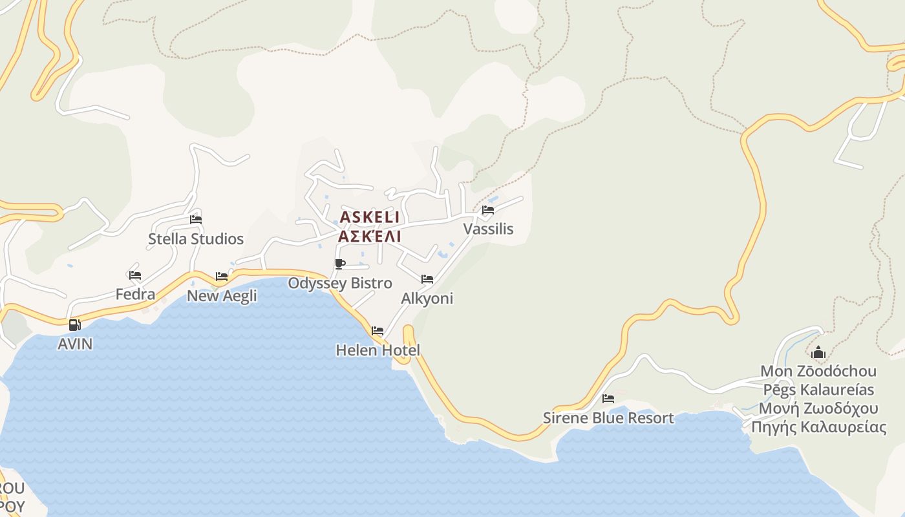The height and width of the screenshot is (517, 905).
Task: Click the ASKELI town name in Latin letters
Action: [370, 217]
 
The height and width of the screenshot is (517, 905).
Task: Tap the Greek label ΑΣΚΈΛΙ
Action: [370, 236]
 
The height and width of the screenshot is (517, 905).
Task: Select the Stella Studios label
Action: [196, 239]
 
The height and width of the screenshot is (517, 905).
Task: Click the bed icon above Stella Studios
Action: [196, 220]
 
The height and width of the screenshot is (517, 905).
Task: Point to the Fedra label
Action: [135, 295]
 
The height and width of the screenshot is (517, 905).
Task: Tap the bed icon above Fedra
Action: [135, 275]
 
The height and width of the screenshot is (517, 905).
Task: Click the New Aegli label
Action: [222, 296]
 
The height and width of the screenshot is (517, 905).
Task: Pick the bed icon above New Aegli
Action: [222, 277]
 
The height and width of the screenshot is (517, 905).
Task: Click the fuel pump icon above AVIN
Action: [75, 324]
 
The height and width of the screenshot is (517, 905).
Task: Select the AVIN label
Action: [75, 344]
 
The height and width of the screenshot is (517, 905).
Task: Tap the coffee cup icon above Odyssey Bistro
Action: [340, 264]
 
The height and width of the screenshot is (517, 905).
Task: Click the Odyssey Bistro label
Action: [340, 283]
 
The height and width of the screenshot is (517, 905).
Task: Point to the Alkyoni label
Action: [427, 299]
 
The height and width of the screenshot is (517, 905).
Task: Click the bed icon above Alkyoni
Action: [427, 279]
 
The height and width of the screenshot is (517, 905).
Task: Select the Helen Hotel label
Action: [378, 350]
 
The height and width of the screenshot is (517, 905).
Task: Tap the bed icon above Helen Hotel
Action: [378, 331]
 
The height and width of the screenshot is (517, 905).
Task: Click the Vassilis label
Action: [488, 229]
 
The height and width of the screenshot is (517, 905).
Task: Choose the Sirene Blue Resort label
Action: [608, 418]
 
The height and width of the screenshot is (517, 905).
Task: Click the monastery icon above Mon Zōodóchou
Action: [818, 353]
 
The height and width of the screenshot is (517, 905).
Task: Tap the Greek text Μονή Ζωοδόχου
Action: [818, 408]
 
